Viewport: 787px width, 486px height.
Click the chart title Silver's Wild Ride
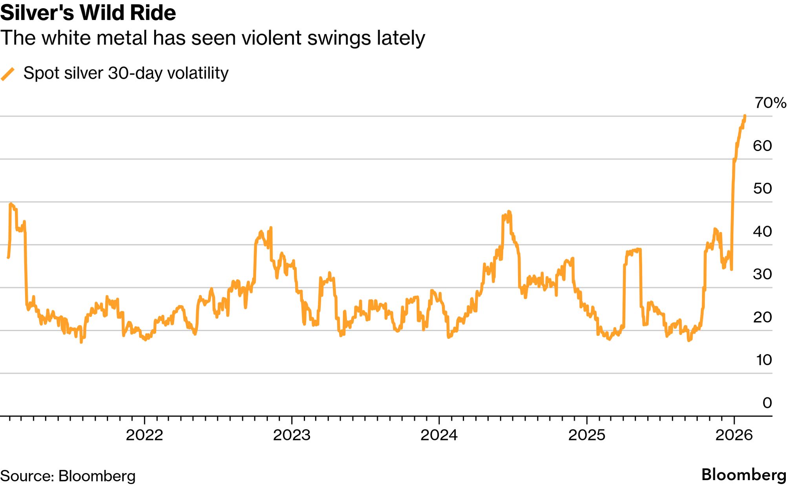click(x=88, y=13)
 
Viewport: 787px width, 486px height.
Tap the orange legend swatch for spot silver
click(x=8, y=74)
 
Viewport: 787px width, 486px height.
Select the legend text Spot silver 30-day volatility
click(x=126, y=73)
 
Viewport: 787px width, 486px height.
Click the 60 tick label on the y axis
click(x=762, y=146)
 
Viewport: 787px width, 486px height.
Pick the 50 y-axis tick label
click(x=762, y=189)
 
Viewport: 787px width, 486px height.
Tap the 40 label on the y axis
click(x=762, y=231)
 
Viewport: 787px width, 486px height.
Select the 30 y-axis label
click(x=762, y=274)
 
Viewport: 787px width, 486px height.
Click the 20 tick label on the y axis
click(x=762, y=317)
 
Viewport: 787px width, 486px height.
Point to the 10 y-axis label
click(x=763, y=360)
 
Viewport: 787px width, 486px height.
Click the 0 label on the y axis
click(x=767, y=403)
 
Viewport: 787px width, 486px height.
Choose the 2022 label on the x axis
click(x=144, y=435)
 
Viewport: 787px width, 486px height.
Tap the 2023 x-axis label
click(x=292, y=435)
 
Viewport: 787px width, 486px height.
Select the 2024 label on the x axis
click(x=439, y=435)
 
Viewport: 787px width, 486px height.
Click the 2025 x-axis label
click(x=586, y=435)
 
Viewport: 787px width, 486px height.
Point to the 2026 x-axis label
click(x=734, y=435)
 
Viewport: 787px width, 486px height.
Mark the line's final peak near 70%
click(x=745, y=116)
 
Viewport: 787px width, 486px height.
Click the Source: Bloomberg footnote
click(x=68, y=476)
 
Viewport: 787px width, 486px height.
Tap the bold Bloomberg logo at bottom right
click(x=744, y=475)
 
